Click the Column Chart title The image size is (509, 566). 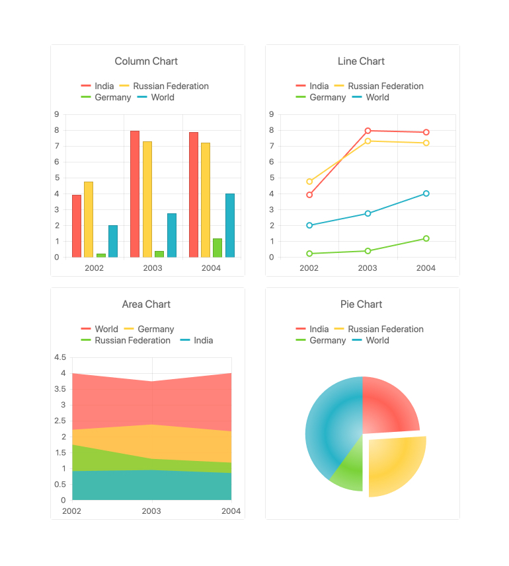pos(146,61)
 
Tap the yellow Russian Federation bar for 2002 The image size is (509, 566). pos(89,219)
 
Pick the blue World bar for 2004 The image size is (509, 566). pos(230,225)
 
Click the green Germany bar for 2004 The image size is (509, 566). pos(217,248)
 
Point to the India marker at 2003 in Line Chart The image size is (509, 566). pos(368,131)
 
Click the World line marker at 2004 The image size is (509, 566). pos(426,194)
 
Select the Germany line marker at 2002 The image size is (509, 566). pos(309,254)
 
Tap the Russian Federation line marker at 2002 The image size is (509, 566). pos(309,182)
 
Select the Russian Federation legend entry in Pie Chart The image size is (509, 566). pos(379,329)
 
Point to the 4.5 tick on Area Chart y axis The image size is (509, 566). pos(59,357)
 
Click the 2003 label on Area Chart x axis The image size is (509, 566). pos(151,511)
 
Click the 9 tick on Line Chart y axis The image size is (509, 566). pos(271,114)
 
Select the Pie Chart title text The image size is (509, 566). pos(361,304)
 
